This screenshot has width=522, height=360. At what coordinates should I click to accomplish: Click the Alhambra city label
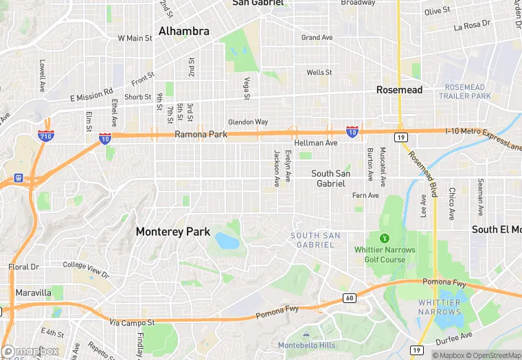[183, 31]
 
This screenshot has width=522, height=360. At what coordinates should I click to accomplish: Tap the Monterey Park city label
[172, 232]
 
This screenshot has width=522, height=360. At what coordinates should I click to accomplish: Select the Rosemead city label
[399, 90]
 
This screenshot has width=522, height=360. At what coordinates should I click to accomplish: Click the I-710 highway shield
[47, 135]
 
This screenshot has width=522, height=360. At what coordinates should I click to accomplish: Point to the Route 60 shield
[350, 297]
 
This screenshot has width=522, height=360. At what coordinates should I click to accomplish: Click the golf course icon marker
[384, 238]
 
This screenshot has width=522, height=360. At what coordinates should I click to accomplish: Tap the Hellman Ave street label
[315, 143]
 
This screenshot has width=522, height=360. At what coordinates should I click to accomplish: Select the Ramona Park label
[201, 135]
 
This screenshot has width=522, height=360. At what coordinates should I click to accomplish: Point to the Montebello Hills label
[306, 345]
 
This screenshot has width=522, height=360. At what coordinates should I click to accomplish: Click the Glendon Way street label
[248, 122]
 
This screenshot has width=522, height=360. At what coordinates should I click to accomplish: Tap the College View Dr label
[86, 268]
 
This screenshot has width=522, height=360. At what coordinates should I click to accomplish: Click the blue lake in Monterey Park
[226, 240]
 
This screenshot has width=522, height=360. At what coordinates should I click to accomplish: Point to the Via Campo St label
[133, 321]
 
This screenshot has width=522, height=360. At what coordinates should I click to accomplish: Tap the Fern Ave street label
[365, 196]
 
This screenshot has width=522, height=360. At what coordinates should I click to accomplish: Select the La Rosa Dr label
[473, 27]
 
